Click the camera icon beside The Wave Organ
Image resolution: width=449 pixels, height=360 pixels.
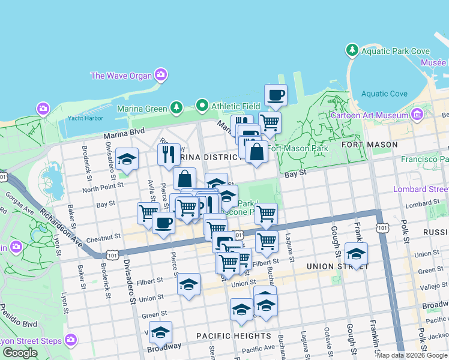161,75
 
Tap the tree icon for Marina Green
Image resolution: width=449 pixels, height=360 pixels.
176,108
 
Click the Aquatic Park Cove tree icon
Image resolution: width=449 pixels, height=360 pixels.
352,51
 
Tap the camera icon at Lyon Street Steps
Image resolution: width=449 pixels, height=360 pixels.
71,340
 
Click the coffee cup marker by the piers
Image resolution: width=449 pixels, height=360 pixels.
276,95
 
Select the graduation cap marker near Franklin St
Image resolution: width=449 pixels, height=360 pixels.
356,254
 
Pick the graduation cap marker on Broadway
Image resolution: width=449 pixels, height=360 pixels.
160,332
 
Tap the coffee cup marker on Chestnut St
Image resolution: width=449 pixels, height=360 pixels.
163,224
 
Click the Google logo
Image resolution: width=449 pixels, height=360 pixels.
20,353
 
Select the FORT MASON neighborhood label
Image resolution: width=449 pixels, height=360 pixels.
378,145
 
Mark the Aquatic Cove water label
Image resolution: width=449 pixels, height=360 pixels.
384,94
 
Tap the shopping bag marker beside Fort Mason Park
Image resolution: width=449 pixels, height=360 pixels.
256,152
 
